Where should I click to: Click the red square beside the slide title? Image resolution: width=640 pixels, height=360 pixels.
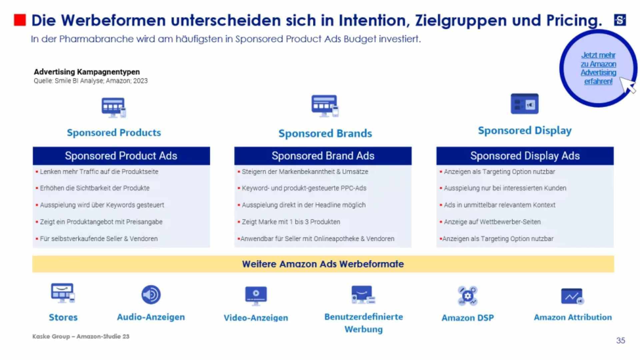tap(20, 20)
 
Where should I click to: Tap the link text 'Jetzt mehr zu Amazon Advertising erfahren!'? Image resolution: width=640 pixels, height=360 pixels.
tap(598, 68)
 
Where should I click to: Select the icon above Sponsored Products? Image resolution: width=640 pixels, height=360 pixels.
tap(114, 108)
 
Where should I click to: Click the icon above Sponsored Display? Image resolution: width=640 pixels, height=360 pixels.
tap(524, 104)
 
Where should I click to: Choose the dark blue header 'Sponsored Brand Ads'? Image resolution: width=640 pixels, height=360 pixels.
tap(323, 156)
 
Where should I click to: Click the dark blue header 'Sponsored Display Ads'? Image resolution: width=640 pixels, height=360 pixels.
tap(525, 156)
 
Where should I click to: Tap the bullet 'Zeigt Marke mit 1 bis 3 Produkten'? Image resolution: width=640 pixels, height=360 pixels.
tap(291, 222)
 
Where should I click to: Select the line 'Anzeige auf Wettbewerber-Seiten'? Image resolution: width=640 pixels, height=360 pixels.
tap(492, 222)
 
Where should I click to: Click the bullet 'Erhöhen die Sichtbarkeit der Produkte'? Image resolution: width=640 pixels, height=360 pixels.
tap(94, 188)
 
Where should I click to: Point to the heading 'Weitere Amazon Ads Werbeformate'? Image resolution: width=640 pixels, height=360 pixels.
tap(323, 264)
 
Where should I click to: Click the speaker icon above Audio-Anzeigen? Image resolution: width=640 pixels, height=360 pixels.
tap(151, 295)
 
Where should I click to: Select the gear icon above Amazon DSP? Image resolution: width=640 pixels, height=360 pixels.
tap(467, 296)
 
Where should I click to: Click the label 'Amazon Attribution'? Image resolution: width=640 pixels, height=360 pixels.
tap(573, 317)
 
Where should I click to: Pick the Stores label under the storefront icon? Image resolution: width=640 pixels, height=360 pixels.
tap(63, 317)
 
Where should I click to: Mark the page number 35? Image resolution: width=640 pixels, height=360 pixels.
tap(620, 340)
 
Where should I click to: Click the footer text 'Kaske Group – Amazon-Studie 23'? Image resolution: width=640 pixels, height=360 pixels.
tap(81, 336)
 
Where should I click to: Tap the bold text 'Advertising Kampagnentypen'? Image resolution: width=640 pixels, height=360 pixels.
tap(87, 72)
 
